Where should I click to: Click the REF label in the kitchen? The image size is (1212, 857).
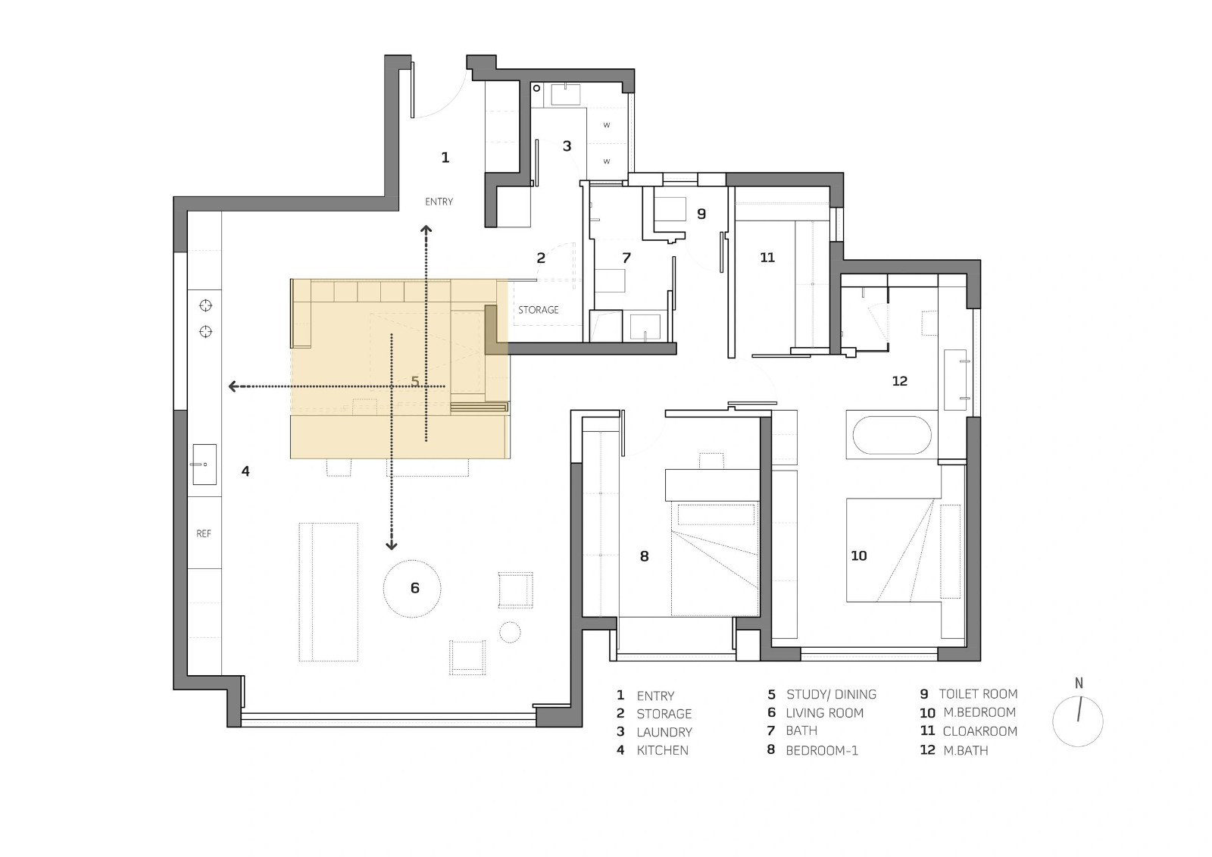pyautogui.click(x=204, y=533)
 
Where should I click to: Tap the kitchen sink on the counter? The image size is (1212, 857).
pyautogui.click(x=205, y=464)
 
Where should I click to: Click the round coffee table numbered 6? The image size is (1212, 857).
pyautogui.click(x=412, y=589)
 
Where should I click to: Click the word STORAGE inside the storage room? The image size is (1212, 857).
pyautogui.click(x=539, y=310)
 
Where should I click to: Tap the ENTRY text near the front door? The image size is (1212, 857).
pyautogui.click(x=439, y=202)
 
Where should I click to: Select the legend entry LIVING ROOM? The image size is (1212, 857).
pyautogui.click(x=825, y=713)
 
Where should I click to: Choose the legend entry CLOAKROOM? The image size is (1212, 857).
pyautogui.click(x=980, y=731)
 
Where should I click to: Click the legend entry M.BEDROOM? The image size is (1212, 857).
pyautogui.click(x=979, y=712)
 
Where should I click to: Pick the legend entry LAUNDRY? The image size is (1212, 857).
pyautogui.click(x=664, y=732)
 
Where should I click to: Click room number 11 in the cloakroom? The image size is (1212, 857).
pyautogui.click(x=767, y=257)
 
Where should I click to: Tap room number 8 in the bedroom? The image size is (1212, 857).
pyautogui.click(x=644, y=556)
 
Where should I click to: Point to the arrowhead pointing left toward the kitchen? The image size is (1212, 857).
pyautogui.click(x=233, y=386)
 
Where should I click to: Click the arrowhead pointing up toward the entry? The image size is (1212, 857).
pyautogui.click(x=426, y=230)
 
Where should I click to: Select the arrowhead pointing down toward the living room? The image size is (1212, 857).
pyautogui.click(x=391, y=545)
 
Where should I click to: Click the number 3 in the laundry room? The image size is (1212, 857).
pyautogui.click(x=567, y=145)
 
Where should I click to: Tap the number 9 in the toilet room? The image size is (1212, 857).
pyautogui.click(x=701, y=214)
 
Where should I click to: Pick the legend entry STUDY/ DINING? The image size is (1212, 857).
pyautogui.click(x=831, y=694)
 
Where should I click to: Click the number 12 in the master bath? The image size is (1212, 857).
pyautogui.click(x=900, y=381)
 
